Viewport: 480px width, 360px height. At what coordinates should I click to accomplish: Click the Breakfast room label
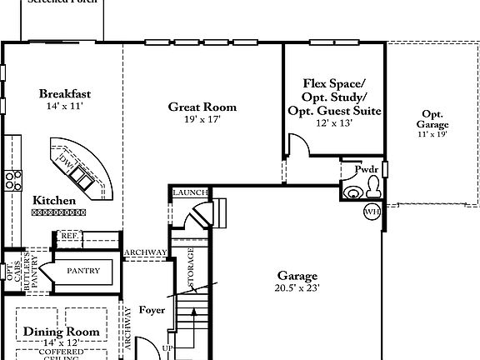coord(65,93)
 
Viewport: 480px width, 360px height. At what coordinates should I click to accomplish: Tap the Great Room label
coord(202,107)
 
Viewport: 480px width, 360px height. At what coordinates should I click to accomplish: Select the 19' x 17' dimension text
coord(202,119)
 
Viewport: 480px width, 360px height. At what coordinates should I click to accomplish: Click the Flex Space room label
coord(334,84)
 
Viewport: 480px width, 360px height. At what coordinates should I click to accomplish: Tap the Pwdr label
coord(367,169)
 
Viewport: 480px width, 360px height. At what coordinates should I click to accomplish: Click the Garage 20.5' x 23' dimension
coord(297,287)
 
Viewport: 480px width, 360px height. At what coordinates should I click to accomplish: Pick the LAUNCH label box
coord(189,193)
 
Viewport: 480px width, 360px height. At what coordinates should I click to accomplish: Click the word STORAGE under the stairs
coord(191,268)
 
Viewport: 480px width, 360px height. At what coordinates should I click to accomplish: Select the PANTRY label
coord(83,270)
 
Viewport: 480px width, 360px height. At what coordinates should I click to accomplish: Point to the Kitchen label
coord(54,201)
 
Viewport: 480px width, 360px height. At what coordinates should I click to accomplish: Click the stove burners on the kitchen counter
coord(12,177)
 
